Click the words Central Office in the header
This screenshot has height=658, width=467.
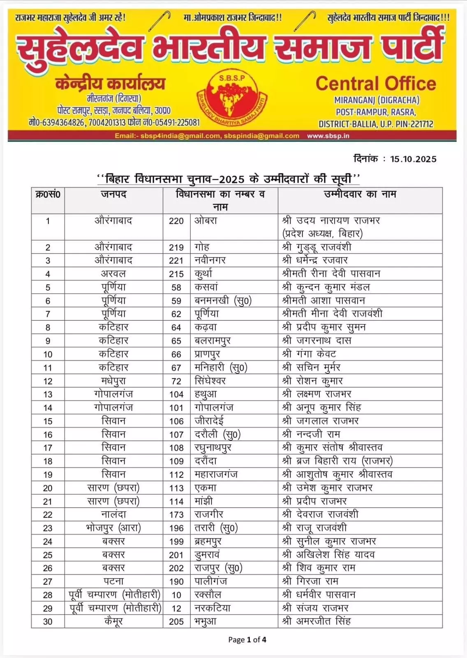(x=375, y=83)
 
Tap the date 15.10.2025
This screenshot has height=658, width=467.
(x=413, y=159)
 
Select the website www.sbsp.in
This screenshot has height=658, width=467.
(x=328, y=136)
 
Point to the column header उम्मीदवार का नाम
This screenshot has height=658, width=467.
(x=360, y=194)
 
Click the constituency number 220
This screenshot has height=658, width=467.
(x=176, y=221)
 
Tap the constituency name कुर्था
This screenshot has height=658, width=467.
(x=203, y=274)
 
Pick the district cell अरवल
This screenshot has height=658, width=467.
(x=113, y=274)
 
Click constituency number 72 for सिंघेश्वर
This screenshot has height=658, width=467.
(x=176, y=381)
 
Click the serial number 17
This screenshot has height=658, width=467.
(x=48, y=448)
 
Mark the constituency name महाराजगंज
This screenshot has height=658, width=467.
(x=216, y=475)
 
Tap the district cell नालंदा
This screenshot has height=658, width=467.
(x=113, y=514)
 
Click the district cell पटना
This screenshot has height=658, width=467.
(x=113, y=582)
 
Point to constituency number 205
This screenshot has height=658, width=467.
(x=176, y=622)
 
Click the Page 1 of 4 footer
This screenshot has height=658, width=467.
(x=247, y=639)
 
